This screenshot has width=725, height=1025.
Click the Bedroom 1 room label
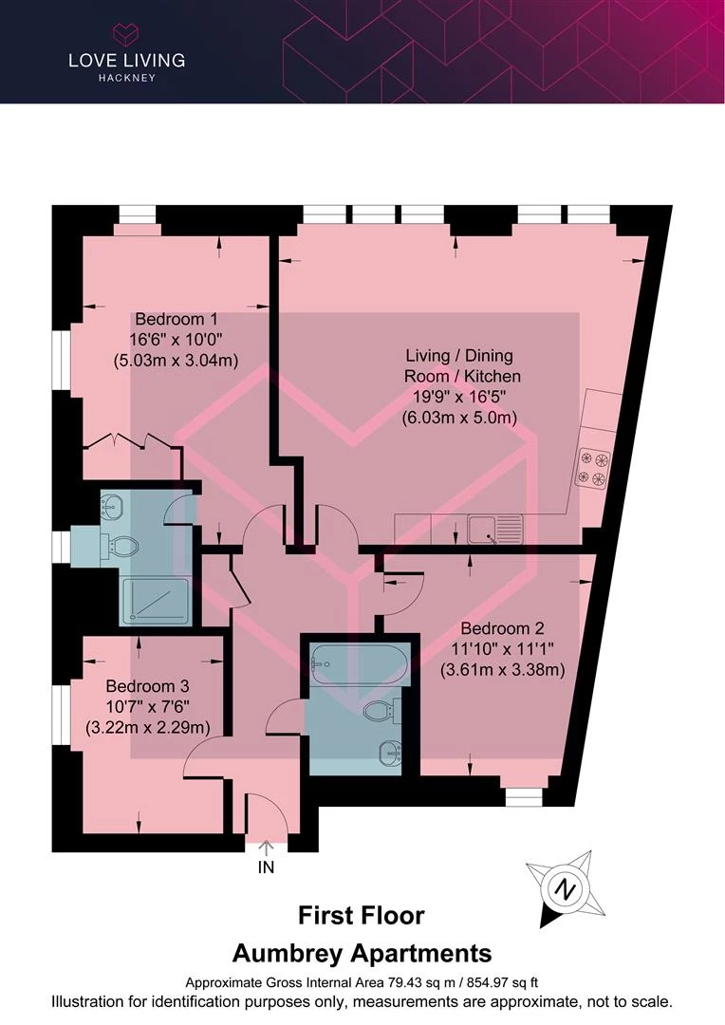pyautogui.click(x=176, y=319)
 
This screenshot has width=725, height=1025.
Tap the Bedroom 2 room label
pyautogui.click(x=502, y=628)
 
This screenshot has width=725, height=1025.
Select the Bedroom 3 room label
pyautogui.click(x=147, y=686)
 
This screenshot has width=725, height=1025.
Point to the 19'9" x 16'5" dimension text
pyautogui.click(x=459, y=396)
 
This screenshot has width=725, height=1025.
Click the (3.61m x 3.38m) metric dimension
pyautogui.click(x=502, y=669)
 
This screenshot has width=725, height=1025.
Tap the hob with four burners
pyautogui.click(x=592, y=469)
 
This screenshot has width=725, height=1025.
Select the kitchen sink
pyautogui.click(x=495, y=530)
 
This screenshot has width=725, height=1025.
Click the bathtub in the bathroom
pyautogui.click(x=360, y=664)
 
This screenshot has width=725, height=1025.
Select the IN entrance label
pyautogui.click(x=266, y=867)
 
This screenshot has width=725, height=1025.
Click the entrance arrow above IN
pyautogui.click(x=266, y=848)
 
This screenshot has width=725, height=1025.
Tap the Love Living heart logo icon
pyautogui.click(x=126, y=33)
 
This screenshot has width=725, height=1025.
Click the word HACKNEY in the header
pyautogui.click(x=127, y=78)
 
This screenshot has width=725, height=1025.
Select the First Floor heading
pyautogui.click(x=362, y=915)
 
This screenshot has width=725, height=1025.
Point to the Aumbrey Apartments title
pyautogui.click(x=362, y=954)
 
